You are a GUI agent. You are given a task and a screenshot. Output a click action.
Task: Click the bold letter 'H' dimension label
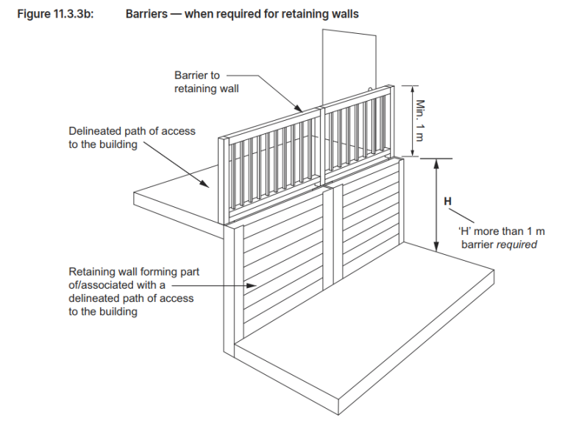[447, 200]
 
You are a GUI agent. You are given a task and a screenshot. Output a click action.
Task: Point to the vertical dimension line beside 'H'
[437, 206]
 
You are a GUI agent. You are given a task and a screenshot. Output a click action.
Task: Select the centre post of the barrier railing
[320, 147]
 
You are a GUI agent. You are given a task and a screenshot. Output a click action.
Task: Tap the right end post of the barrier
[390, 122]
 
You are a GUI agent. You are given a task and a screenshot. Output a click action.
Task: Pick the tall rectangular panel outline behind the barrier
[349, 59]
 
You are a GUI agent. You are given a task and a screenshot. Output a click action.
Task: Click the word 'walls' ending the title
[343, 14]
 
